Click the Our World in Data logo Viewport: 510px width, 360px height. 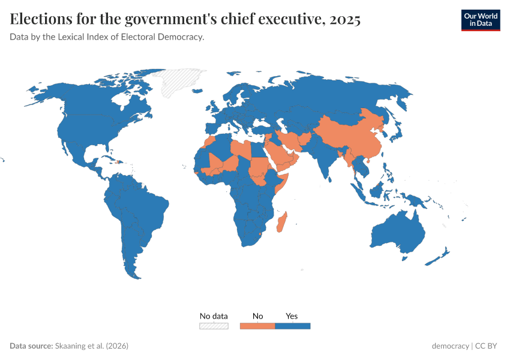480,20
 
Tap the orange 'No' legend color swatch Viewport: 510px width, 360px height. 257,326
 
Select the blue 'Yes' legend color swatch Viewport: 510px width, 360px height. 292,326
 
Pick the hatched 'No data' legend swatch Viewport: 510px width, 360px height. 214,326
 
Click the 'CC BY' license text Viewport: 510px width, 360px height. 488,346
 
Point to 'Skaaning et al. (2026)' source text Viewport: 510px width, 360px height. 91,346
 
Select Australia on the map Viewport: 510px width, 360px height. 398,234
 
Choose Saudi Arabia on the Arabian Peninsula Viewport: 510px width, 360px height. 281,155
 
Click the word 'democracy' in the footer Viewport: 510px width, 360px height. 450,346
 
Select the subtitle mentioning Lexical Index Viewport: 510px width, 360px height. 107,37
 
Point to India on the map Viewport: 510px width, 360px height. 324,159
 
